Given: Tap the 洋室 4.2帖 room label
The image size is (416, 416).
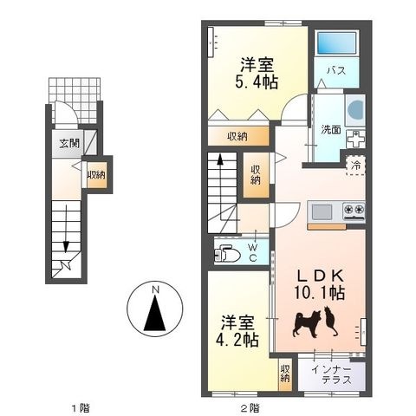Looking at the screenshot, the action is (x=237, y=331).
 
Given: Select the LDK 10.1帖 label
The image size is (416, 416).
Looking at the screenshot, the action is (x=320, y=285).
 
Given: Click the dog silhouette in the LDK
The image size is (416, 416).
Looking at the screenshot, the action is (x=307, y=324).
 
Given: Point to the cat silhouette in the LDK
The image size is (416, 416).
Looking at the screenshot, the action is (x=330, y=322).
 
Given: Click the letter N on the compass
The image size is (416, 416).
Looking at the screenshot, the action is (x=155, y=289).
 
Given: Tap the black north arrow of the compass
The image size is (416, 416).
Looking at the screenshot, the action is (x=155, y=313).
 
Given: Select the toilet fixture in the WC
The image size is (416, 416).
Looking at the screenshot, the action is (x=227, y=254).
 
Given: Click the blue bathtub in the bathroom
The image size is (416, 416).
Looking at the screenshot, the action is (x=336, y=42).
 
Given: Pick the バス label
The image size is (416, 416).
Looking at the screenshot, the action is (x=336, y=70).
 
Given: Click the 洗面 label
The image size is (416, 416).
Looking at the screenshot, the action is (x=331, y=130).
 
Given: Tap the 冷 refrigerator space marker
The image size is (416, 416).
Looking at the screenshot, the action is (x=356, y=166).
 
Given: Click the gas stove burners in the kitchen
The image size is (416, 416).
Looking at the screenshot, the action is (x=354, y=209).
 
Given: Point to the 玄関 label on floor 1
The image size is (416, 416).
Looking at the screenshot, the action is (x=69, y=143).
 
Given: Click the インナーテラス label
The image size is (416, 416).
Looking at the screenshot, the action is (x=332, y=374).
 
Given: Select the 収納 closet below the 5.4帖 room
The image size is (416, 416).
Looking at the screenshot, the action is (x=238, y=136).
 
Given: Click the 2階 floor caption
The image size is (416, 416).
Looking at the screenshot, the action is (x=250, y=408).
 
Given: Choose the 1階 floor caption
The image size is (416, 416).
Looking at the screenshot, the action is (x=81, y=408).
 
